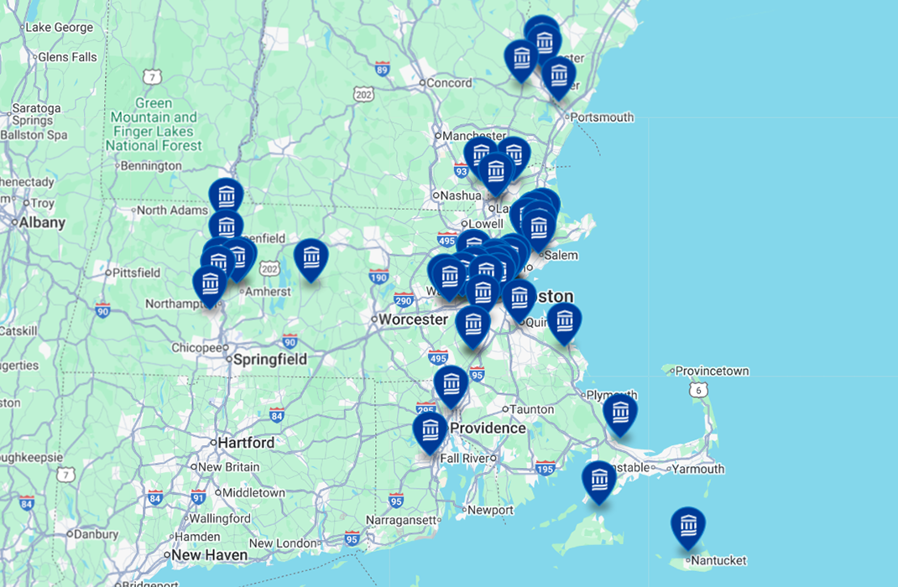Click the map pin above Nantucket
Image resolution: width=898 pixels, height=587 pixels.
(x=687, y=526)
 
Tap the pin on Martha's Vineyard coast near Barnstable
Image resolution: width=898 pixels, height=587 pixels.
(x=598, y=480)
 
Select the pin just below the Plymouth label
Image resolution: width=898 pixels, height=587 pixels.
(x=619, y=413)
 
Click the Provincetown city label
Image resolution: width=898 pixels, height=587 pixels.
(x=712, y=371)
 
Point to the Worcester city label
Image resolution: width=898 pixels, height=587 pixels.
(x=413, y=319)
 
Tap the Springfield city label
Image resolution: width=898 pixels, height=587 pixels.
(x=270, y=359)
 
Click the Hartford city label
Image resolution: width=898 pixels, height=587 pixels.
(x=246, y=442)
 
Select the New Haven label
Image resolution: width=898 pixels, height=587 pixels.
(x=209, y=555)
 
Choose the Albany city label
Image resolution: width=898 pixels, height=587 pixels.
(x=41, y=222)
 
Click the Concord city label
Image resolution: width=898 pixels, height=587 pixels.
(x=450, y=83)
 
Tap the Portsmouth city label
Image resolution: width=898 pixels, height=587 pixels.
(x=602, y=117)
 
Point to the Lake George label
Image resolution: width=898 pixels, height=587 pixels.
(x=59, y=27)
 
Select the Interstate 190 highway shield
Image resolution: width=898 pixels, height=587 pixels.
(x=379, y=275)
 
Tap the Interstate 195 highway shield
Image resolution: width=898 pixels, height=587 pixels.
(x=546, y=467)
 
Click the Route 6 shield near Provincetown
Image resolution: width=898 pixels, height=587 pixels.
(x=701, y=389)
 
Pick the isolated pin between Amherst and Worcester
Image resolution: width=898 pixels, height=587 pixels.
(x=311, y=258)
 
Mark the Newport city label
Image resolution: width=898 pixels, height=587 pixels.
(x=490, y=510)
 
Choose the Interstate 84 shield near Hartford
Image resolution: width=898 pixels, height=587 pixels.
(x=277, y=414)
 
